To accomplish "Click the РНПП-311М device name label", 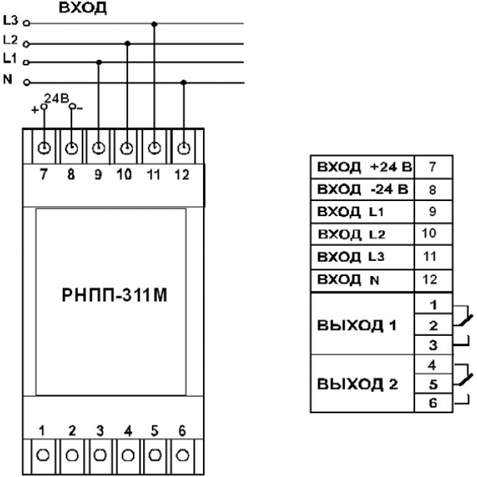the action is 114,295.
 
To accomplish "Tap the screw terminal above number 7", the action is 44,148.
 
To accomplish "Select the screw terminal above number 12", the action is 184,149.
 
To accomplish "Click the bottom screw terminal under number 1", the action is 42,455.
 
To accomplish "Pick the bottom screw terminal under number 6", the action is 183,455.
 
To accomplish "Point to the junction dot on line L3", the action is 154,24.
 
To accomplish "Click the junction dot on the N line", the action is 183,82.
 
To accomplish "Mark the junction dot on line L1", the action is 99,63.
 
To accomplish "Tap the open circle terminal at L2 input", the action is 27,44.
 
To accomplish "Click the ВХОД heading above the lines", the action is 82,7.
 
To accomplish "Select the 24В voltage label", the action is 57,98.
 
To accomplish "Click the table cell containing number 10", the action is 433,234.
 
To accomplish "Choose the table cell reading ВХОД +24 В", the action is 363,167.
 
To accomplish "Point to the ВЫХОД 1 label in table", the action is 357,325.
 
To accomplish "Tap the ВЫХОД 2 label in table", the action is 357,384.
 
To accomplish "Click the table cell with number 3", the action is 433,345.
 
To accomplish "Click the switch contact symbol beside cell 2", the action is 463,316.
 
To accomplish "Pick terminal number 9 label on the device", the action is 98,174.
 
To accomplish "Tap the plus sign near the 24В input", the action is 35,110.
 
